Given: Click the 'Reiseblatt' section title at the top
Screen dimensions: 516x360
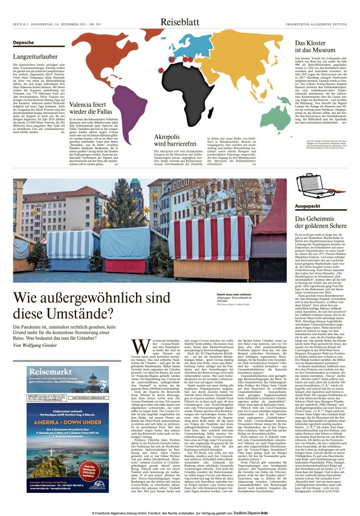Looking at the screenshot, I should click(x=179, y=22).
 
